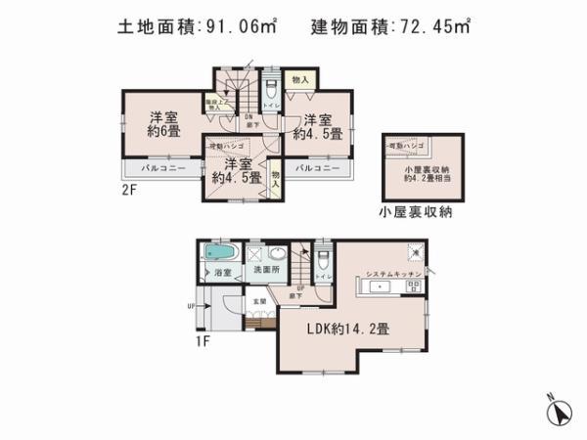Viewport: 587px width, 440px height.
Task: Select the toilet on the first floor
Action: point(321,256)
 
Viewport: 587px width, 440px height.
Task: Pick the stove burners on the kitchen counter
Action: point(412,286)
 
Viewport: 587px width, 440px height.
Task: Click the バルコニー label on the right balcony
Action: point(317,169)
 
